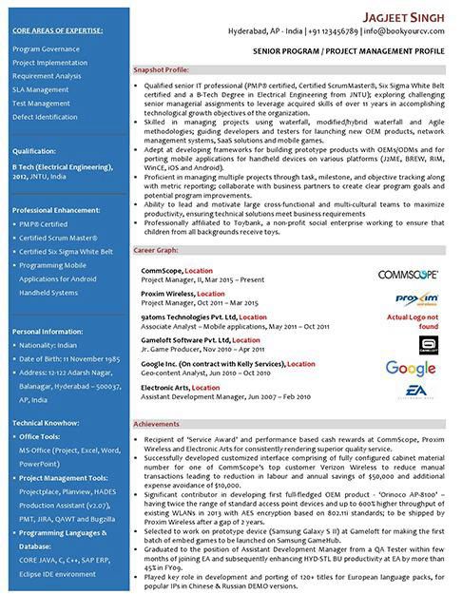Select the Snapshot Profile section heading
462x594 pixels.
[161, 70]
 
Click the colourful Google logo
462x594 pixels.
[411, 369]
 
